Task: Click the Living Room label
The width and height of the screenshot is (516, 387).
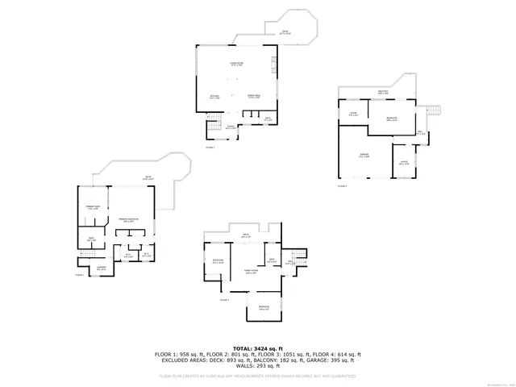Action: click(x=237, y=64)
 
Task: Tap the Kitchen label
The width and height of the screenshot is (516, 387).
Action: click(x=215, y=96)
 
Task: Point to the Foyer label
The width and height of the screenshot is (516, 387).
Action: click(x=231, y=127)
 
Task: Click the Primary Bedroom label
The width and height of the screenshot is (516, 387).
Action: click(x=129, y=219)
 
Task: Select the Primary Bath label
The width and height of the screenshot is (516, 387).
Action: click(x=93, y=208)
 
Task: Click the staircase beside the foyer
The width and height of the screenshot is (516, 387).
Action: click(x=214, y=125)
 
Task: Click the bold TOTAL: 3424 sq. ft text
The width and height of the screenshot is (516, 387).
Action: click(x=257, y=347)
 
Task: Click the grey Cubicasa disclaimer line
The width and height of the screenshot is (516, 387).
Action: click(x=257, y=376)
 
